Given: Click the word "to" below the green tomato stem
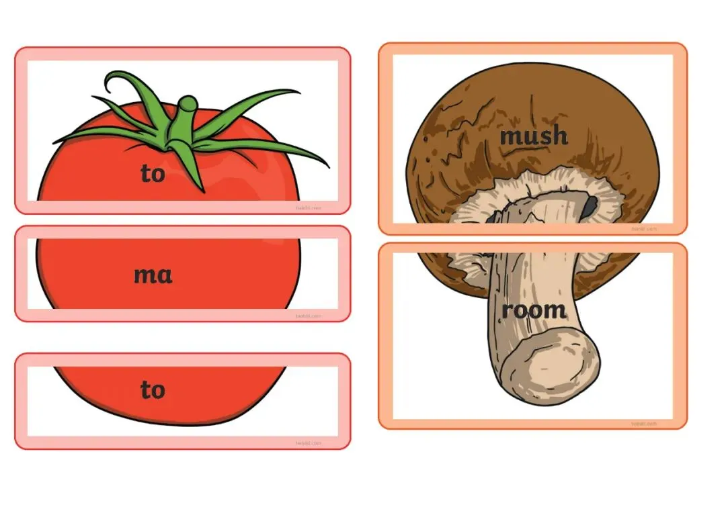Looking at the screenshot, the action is (153, 174).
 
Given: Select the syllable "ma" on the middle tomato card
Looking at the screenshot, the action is (153, 275).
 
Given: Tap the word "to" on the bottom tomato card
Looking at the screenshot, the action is (153, 389).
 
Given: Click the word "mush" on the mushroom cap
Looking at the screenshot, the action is (534, 136).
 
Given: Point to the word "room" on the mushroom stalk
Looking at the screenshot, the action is (534, 310).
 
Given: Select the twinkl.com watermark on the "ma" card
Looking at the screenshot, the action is (309, 316).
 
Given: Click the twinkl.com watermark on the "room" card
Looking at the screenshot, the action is (644, 423).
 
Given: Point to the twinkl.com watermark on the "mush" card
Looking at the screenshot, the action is (644, 229).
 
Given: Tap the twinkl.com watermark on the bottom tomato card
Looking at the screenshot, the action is (309, 442).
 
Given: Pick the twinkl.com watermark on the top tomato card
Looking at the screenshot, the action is (309, 208).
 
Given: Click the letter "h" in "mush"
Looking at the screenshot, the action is (559, 136).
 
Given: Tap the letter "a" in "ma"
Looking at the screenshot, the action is (164, 275).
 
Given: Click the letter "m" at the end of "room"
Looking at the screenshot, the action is (555, 311).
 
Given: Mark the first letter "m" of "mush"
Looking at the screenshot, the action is (511, 137).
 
